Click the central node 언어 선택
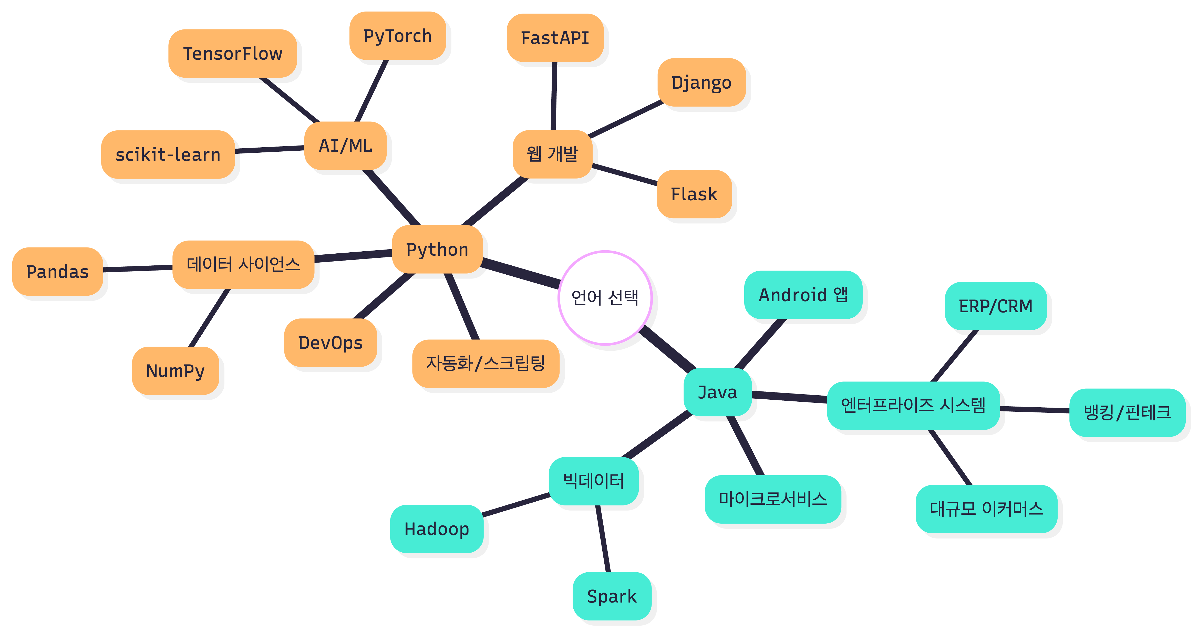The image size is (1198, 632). tap(605, 298)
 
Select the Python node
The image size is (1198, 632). tap(437, 249)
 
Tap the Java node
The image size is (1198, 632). tap(718, 392)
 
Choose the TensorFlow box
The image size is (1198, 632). tap(233, 54)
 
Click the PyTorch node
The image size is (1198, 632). tap(398, 36)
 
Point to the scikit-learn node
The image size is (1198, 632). tap(168, 154)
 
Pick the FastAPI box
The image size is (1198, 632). tap(555, 38)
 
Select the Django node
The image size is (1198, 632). tap(701, 82)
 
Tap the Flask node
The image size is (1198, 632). tap(694, 194)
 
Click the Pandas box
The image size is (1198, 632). tap(58, 272)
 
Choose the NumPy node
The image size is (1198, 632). tap(175, 371)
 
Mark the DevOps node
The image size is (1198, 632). tap(330, 343)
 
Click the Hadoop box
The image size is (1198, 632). tap(437, 529)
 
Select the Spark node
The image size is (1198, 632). tap(612, 596)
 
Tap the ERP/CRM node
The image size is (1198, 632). tap(996, 306)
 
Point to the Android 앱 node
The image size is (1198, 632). tap(803, 295)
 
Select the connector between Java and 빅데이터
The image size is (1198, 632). tap(657, 435)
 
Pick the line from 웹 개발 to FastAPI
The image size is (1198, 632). tap(554, 96)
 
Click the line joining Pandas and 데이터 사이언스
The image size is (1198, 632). tap(138, 268)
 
